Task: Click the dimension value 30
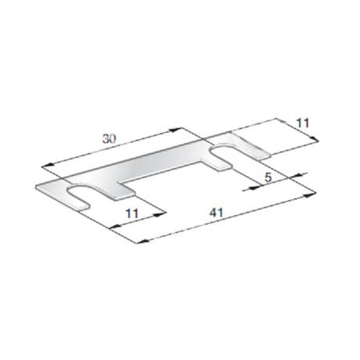click(x=109, y=139)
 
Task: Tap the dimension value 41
click(x=217, y=213)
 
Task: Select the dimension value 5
click(x=268, y=178)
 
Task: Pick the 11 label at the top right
click(x=303, y=123)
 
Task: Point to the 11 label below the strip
click(x=132, y=214)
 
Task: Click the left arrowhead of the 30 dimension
click(x=47, y=165)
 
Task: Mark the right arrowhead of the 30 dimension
click(x=175, y=130)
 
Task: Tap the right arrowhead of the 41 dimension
click(x=311, y=194)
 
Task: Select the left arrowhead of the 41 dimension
click(x=142, y=241)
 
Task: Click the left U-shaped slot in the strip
click(x=78, y=196)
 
